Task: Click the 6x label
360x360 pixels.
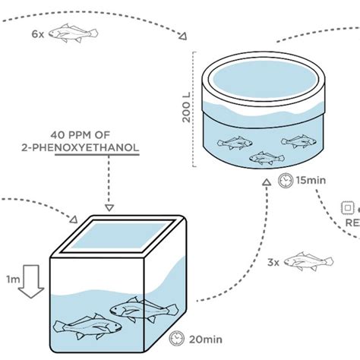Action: pyautogui.click(x=38, y=35)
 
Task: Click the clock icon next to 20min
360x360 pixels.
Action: pyautogui.click(x=176, y=336)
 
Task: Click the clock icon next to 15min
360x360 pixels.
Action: pyautogui.click(x=285, y=181)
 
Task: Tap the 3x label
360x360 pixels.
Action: pyautogui.click(x=273, y=262)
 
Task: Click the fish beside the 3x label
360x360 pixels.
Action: pyautogui.click(x=310, y=261)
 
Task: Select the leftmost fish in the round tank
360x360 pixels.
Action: pyautogui.click(x=235, y=141)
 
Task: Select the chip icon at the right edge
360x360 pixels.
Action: pyautogui.click(x=348, y=206)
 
